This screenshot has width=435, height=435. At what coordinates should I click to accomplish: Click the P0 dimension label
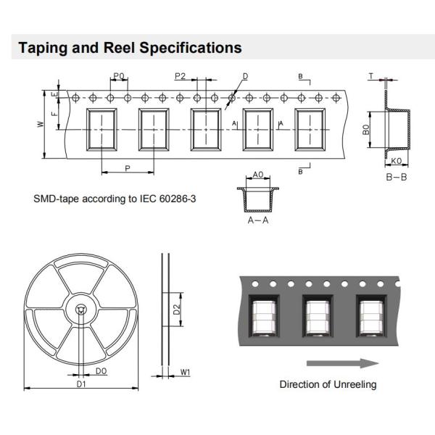point(120,76)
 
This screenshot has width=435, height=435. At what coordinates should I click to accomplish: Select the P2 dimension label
point(181,76)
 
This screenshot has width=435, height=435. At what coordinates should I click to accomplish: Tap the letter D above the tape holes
point(245,76)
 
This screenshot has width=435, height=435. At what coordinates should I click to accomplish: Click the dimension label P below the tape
point(127,167)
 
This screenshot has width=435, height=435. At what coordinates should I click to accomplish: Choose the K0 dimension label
point(396,161)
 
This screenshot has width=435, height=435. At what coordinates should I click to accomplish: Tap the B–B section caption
point(396,176)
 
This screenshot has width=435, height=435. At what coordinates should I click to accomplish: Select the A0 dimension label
point(258,175)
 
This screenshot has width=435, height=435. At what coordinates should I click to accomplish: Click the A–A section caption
point(258,220)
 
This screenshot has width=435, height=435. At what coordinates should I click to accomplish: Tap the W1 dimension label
point(186,373)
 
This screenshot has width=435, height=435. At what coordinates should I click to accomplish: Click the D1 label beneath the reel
point(81,384)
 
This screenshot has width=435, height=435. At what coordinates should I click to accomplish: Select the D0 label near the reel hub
point(101,371)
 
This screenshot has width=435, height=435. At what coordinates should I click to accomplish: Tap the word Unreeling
point(353,384)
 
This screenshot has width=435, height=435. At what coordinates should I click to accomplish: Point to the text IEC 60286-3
point(163,198)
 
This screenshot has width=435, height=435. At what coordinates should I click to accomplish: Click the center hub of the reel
point(80,310)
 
